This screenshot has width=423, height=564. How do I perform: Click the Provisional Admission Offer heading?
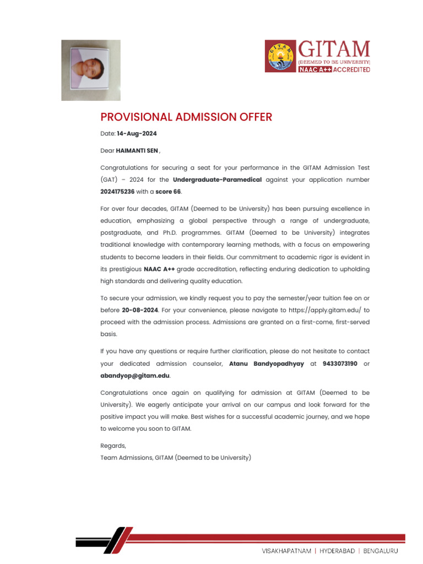(x=186, y=117)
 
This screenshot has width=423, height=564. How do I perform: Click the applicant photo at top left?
(x=90, y=70)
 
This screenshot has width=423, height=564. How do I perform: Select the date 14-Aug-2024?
(x=137, y=133)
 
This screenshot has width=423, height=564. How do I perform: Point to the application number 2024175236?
(x=117, y=192)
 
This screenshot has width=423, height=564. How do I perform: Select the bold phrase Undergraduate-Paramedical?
(x=217, y=180)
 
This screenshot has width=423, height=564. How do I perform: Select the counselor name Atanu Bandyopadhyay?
(x=267, y=364)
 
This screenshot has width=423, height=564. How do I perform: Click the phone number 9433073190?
(x=340, y=364)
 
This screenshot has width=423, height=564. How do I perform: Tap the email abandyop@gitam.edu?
(x=135, y=376)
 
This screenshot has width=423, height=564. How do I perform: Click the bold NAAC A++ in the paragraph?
(x=159, y=269)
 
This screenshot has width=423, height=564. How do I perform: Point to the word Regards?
(x=113, y=446)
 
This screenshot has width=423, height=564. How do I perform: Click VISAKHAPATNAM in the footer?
(x=286, y=550)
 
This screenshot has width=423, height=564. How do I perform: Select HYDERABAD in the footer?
(x=338, y=550)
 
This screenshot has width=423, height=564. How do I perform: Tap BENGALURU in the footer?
(x=381, y=550)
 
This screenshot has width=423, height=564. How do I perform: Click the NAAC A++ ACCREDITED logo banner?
(x=334, y=69)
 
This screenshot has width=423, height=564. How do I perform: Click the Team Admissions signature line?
(x=175, y=457)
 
